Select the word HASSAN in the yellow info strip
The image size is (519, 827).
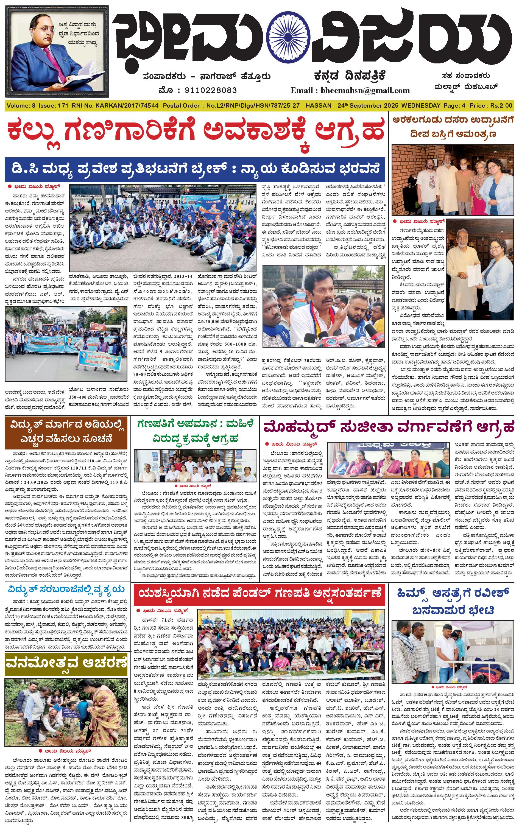tap(318, 106)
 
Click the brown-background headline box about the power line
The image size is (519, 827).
tap(66, 432)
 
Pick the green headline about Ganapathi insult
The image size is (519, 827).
tap(195, 431)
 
